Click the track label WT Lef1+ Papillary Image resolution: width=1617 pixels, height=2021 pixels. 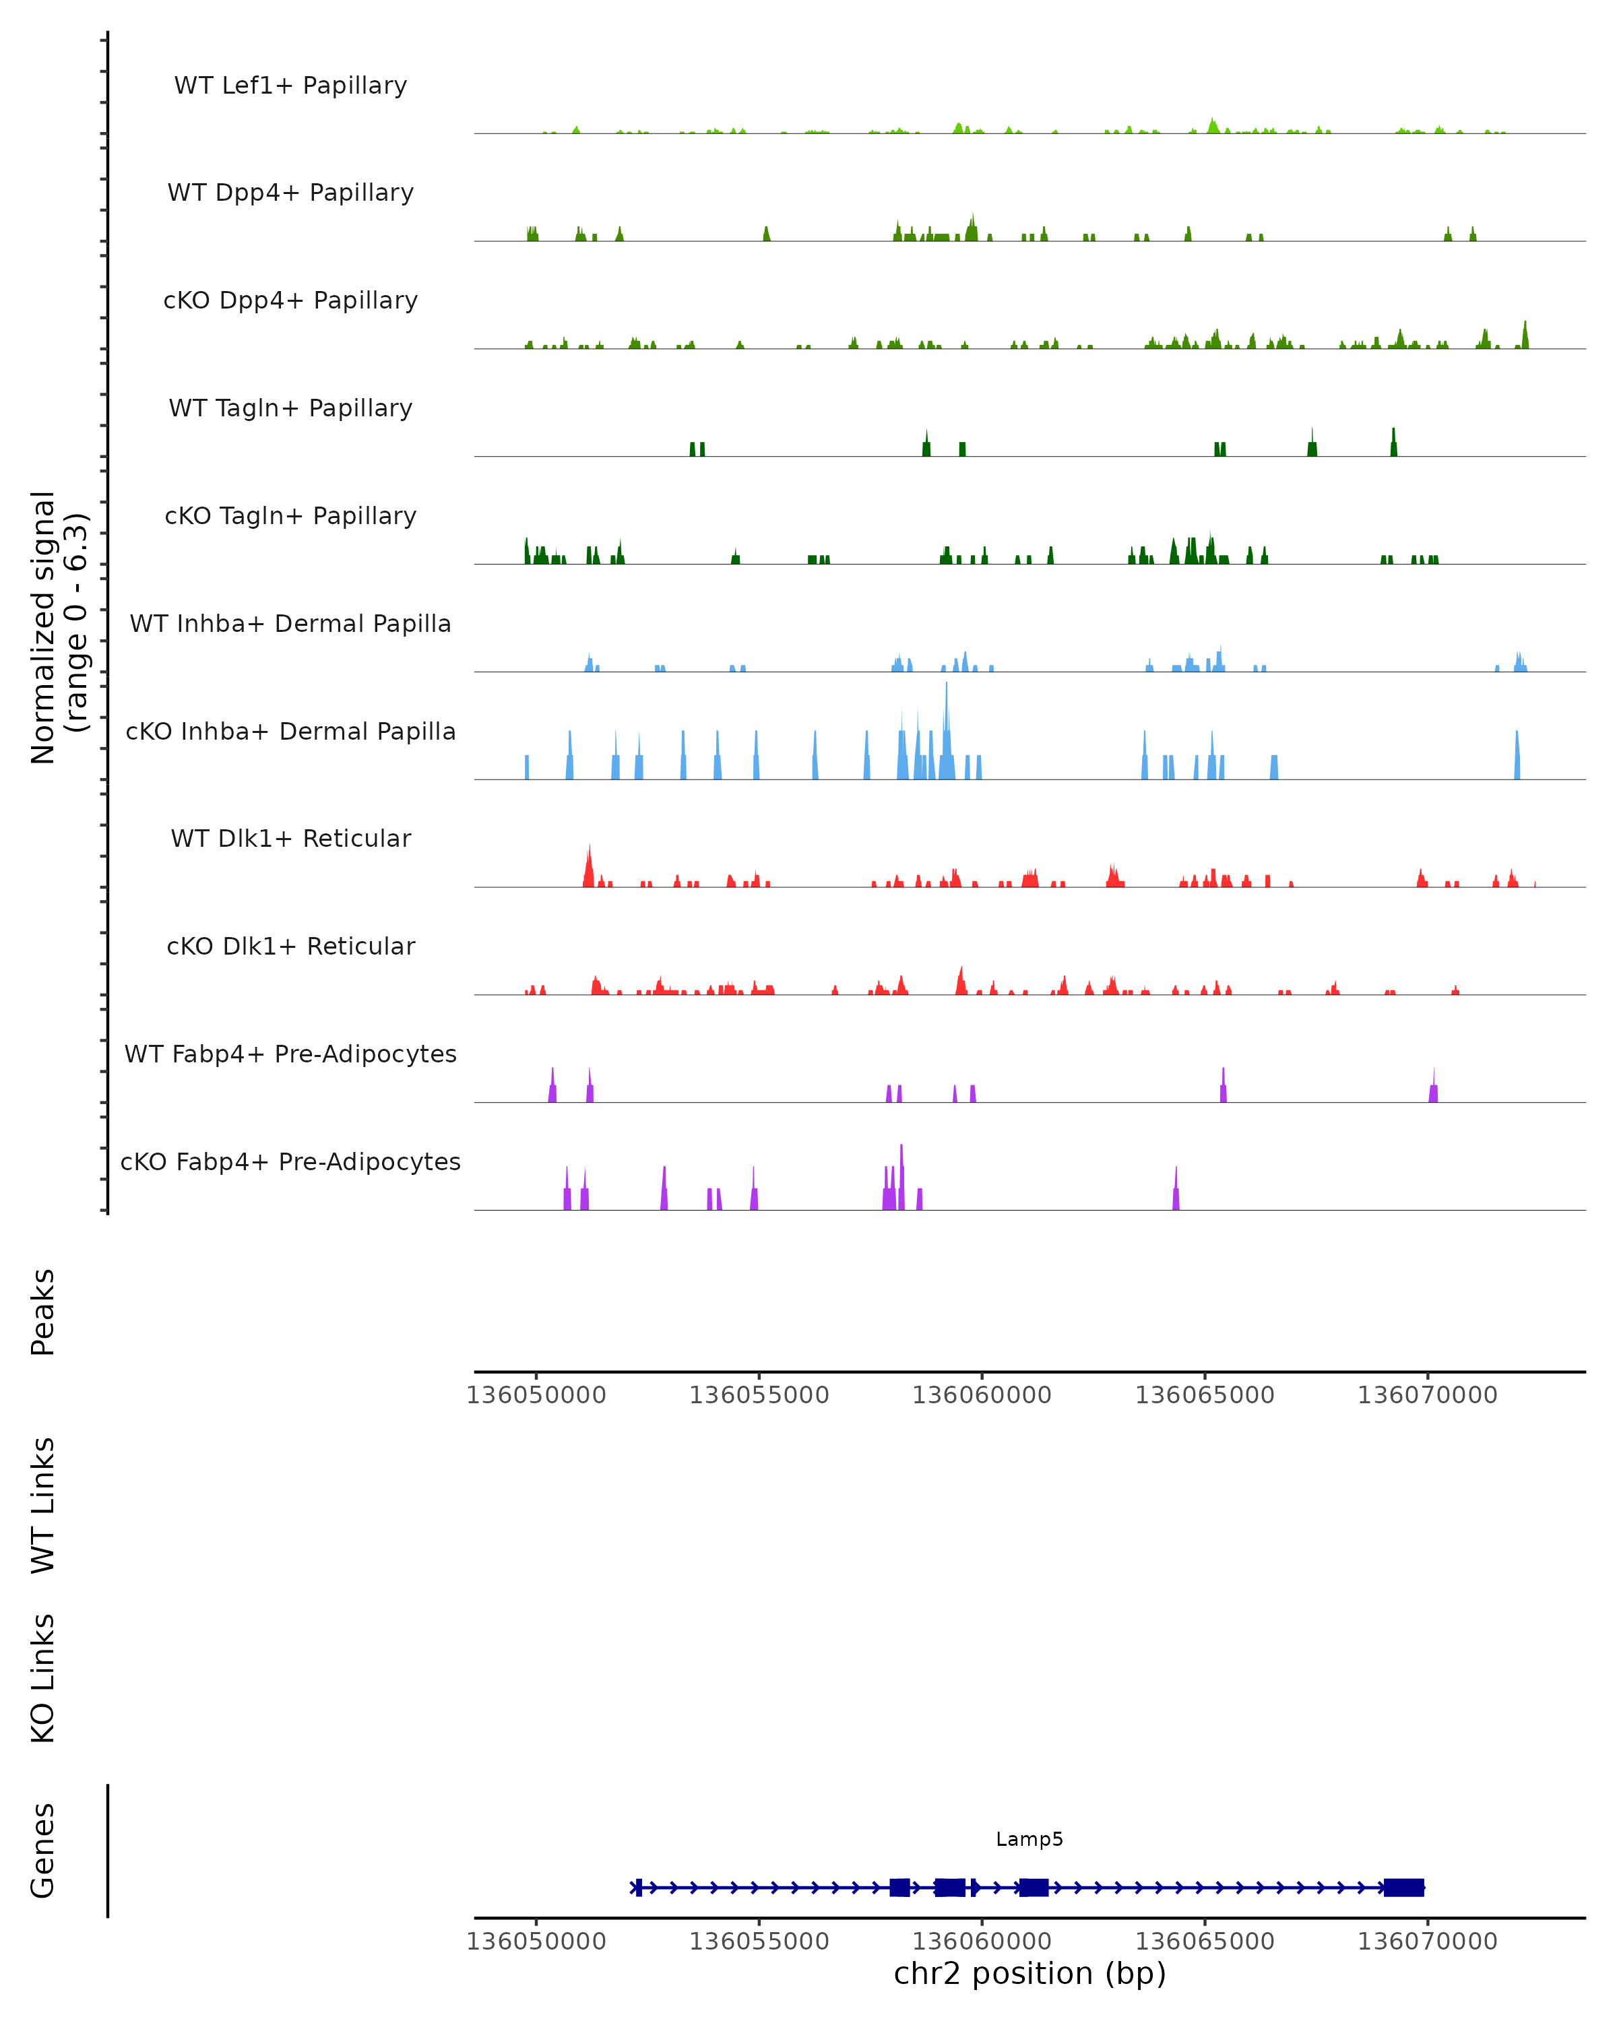pyautogui.click(x=290, y=86)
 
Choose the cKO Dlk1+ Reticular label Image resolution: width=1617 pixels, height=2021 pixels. pyautogui.click(x=290, y=946)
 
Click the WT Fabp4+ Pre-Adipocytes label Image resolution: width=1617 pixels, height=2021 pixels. pyautogui.click(x=290, y=1054)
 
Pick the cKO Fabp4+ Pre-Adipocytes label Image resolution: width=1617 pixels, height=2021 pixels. pyautogui.click(x=290, y=1161)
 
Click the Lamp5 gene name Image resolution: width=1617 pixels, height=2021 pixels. pyautogui.click(x=1029, y=1839)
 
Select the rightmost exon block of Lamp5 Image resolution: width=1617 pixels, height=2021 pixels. pyautogui.click(x=1403, y=1887)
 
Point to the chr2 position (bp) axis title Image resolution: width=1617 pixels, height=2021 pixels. pyautogui.click(x=1029, y=1973)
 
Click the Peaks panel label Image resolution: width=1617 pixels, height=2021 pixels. pyautogui.click(x=43, y=1312)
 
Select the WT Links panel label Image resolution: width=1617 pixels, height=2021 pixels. pyautogui.click(x=43, y=1504)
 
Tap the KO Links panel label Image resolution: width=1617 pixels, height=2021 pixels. pyautogui.click(x=43, y=1679)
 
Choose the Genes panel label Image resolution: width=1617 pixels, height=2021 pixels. pyautogui.click(x=43, y=1849)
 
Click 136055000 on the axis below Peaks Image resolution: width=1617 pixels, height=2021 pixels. pyautogui.click(x=759, y=1395)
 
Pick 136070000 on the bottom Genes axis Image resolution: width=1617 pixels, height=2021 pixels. pyautogui.click(x=1428, y=1940)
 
